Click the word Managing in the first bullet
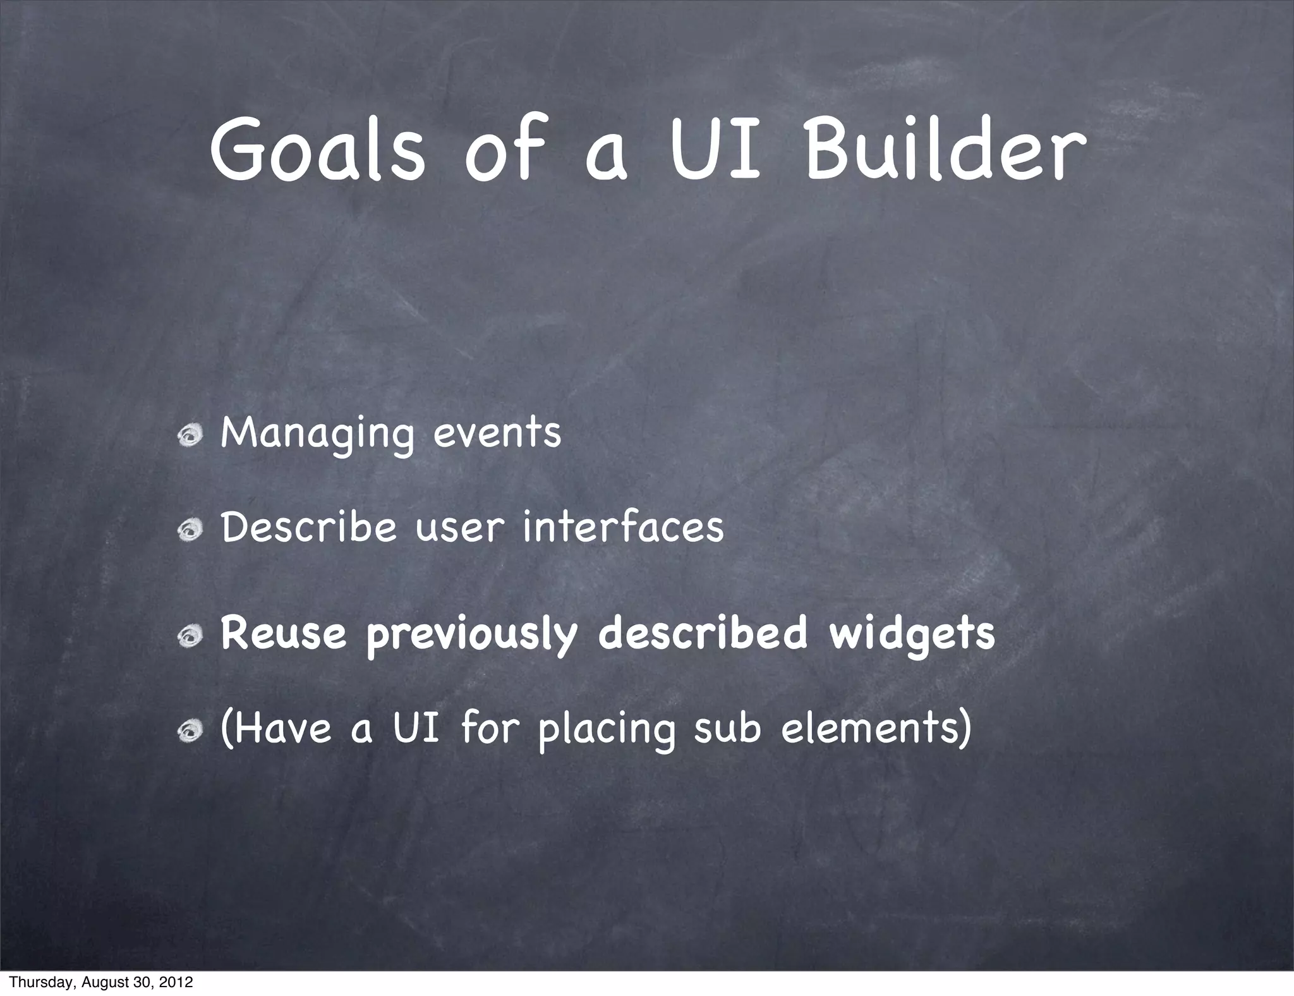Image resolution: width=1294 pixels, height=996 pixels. (x=318, y=434)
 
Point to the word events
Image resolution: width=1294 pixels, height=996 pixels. (x=497, y=433)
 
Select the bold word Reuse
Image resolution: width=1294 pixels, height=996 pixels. (x=284, y=633)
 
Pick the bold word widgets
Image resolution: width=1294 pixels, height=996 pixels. (x=912, y=635)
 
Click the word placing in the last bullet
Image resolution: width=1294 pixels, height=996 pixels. (x=607, y=730)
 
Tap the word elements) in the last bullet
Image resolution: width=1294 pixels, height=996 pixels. (x=876, y=728)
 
